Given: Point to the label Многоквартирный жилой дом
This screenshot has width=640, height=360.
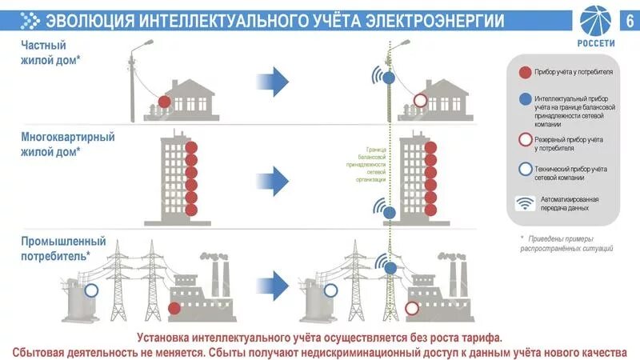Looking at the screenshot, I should [x=67, y=144].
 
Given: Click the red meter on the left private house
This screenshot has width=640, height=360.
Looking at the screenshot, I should [x=164, y=102].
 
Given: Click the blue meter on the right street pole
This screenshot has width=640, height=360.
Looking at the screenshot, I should [x=388, y=78].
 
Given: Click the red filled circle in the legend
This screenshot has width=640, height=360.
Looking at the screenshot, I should [x=525, y=72].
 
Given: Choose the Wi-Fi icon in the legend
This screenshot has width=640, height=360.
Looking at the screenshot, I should [x=525, y=203].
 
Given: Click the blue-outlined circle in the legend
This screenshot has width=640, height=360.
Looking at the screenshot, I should [x=525, y=170].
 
